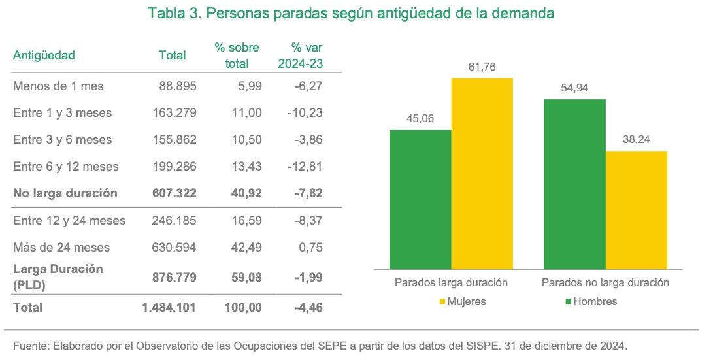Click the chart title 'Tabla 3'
(351, 14)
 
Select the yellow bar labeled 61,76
(482, 173)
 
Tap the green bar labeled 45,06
(420, 199)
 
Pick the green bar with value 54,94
(574, 184)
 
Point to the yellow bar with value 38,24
(636, 210)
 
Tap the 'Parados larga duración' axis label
(451, 283)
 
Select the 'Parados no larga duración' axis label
(605, 283)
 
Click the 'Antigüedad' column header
(44, 56)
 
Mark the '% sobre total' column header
(237, 56)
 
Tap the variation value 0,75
(310, 248)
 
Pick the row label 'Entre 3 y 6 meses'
(62, 140)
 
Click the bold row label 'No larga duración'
(65, 193)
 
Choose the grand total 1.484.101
(169, 307)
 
